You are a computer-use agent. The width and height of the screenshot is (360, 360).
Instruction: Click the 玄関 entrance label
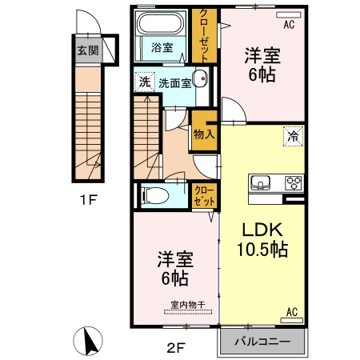[88, 50]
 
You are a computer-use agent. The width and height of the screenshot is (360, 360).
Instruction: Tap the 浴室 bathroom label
[162, 47]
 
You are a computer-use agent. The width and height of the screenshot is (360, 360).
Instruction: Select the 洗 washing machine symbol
[144, 82]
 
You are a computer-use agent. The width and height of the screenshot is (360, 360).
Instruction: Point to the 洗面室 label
[174, 82]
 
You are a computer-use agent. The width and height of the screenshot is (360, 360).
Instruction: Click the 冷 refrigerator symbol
[294, 137]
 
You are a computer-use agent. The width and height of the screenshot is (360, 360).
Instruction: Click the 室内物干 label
[188, 305]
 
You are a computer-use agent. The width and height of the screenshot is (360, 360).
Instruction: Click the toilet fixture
[157, 194]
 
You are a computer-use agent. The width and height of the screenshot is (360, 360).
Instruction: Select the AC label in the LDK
[291, 311]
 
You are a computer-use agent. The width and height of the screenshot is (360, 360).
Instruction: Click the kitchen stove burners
[293, 182]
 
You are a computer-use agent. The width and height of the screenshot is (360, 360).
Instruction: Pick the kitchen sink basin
[262, 182]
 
